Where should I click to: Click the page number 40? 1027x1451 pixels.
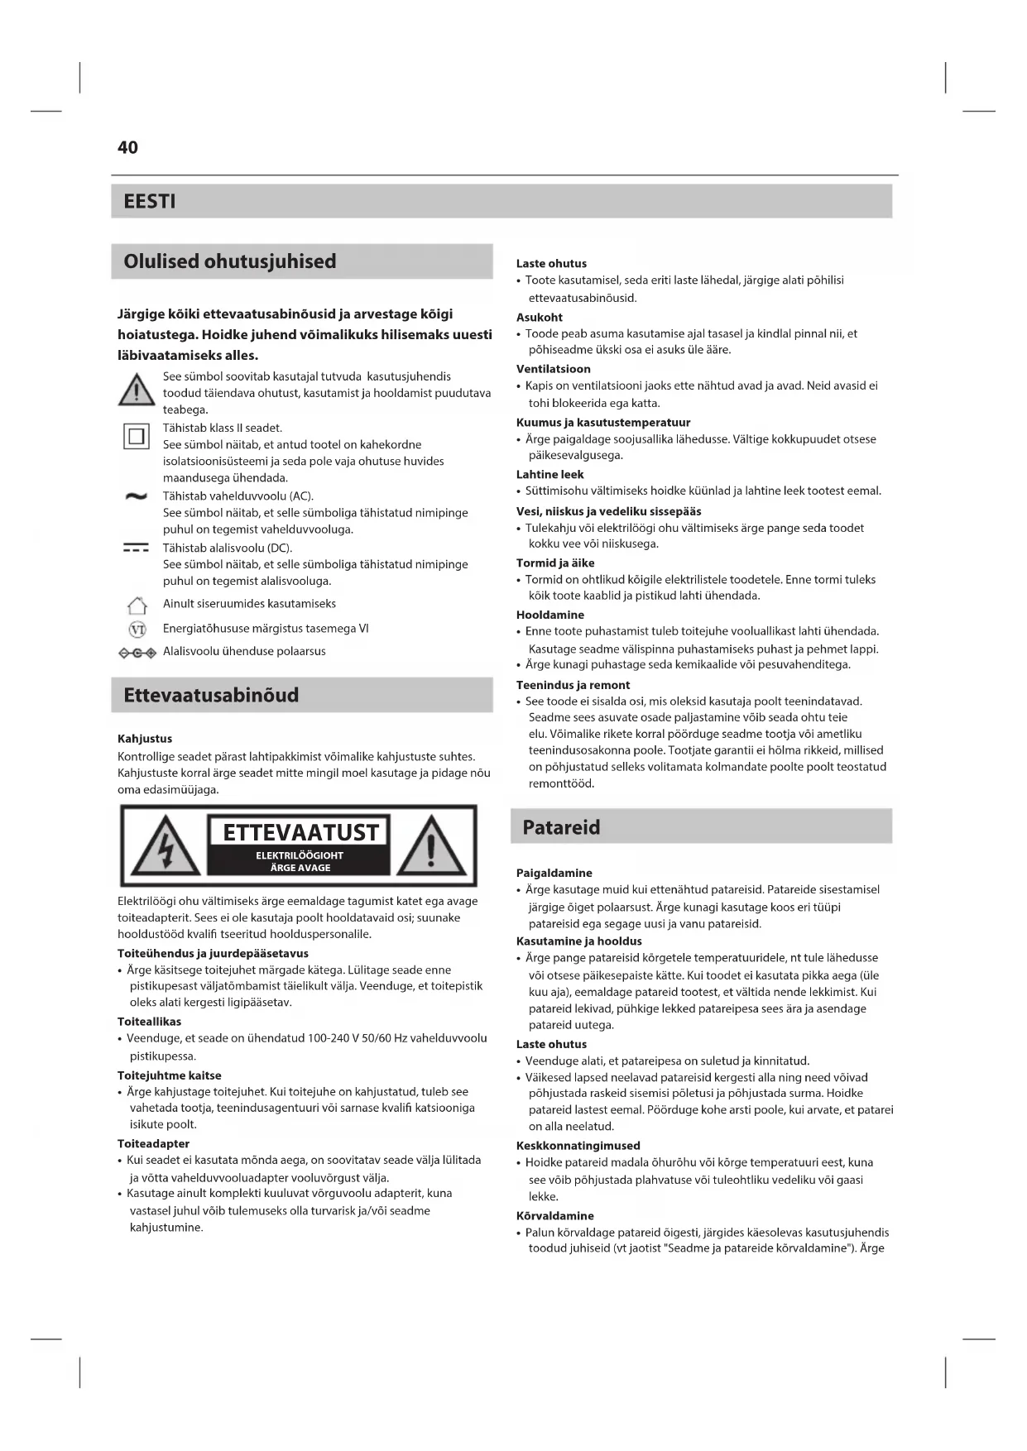pos(127,147)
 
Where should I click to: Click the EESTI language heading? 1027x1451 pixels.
pos(149,201)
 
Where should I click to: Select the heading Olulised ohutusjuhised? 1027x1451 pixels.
pos(229,261)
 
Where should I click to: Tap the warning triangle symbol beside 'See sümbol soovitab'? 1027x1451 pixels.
pos(137,390)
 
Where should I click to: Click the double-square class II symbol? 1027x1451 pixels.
pos(137,435)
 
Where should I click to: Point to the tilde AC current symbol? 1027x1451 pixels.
pos(136,496)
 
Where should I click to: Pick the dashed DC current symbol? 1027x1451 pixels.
pos(136,548)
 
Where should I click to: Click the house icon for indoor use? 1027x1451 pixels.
pos(137,605)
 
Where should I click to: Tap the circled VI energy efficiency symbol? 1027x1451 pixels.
pos(137,630)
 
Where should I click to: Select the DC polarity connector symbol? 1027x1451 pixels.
pos(137,653)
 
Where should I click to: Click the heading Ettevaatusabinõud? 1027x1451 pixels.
pos(211,695)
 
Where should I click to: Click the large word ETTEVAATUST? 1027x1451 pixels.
pos(300,832)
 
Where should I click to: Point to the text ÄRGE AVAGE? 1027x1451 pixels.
pos(300,868)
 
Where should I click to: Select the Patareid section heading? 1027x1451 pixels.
pos(561,827)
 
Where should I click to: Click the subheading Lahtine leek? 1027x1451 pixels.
pos(549,475)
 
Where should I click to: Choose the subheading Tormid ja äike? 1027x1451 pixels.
pos(555,563)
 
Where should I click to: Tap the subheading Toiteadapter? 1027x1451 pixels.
pos(153,1144)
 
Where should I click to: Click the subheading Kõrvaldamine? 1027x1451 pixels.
pos(554,1216)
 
